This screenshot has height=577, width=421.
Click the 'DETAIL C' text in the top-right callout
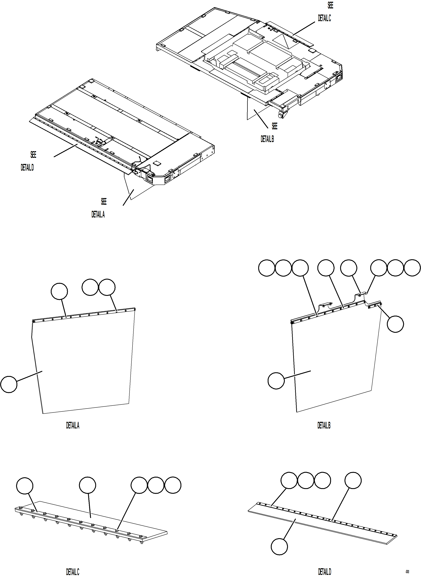324,18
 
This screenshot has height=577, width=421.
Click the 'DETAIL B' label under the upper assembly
267,139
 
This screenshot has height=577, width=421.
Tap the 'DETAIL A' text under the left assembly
98,215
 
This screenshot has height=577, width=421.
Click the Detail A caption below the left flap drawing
73,425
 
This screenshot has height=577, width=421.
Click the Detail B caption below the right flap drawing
324,425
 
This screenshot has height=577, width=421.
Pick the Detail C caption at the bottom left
73,572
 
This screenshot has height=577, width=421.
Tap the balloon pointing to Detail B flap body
276,381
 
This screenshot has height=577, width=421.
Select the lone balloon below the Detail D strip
279,547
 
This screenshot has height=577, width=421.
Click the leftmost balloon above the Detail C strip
25,486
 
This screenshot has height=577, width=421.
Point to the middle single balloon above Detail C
87,486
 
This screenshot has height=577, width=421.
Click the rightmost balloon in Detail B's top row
412,268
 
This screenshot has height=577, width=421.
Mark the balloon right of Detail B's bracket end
395,324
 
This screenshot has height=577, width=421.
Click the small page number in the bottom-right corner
407,572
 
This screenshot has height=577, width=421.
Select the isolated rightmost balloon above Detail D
353,480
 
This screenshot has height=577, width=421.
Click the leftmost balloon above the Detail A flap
59,291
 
